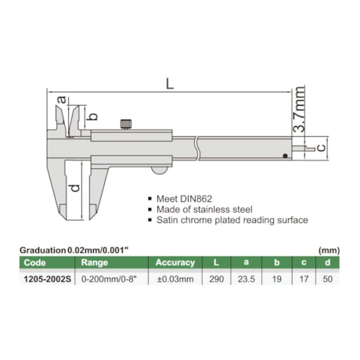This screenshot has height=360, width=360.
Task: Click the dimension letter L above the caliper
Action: (170, 84)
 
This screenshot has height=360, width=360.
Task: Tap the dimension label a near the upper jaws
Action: (62, 99)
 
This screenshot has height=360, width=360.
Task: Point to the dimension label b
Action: (92, 117)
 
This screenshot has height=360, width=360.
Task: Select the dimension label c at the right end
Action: (322, 148)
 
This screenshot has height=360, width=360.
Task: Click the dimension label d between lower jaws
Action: (75, 188)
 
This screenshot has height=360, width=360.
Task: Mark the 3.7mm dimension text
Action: (298, 110)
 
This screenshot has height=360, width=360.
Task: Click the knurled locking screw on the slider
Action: (126, 124)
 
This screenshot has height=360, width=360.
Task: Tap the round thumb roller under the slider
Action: (159, 171)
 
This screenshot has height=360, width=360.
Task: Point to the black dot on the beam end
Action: (285, 156)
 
